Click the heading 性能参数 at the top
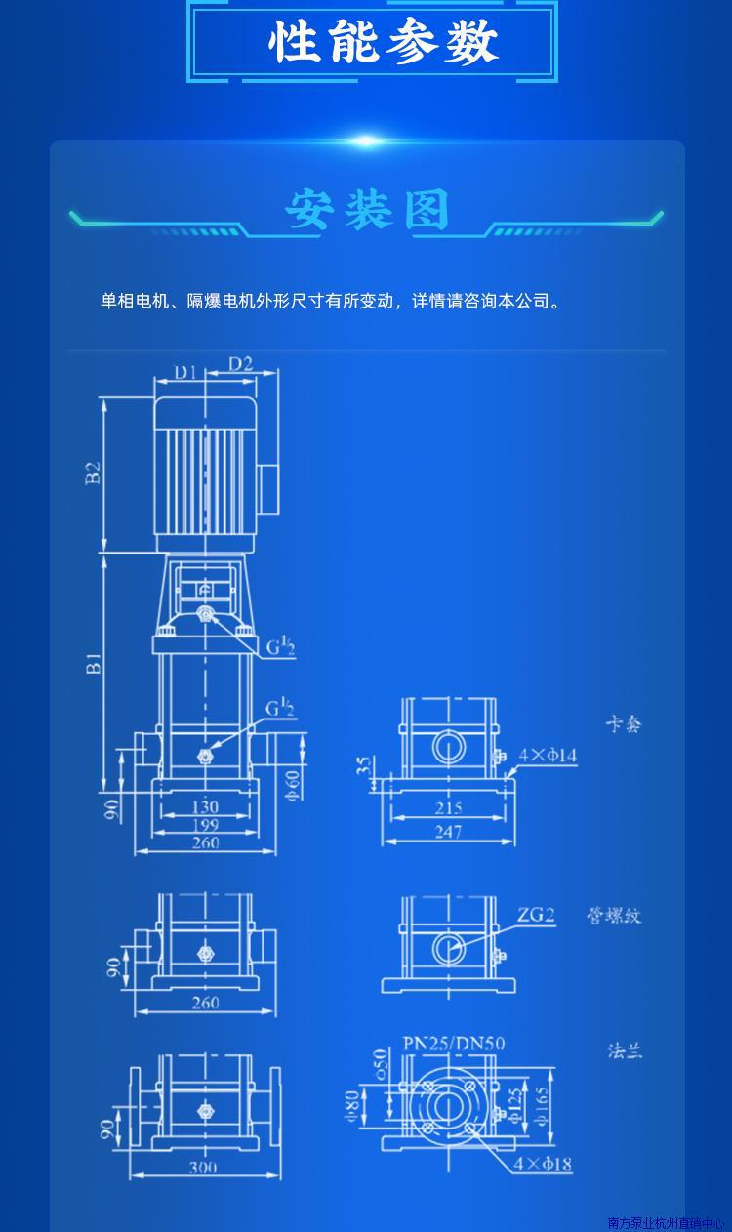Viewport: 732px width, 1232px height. (384, 43)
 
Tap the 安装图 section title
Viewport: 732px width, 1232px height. (367, 211)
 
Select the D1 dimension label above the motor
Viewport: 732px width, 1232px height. (185, 371)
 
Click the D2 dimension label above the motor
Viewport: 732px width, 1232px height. (240, 364)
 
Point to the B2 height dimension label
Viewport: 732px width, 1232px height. (93, 473)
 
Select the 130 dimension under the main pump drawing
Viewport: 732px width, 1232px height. (205, 807)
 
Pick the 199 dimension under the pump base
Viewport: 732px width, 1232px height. (205, 825)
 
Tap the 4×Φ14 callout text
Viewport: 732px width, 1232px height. (548, 755)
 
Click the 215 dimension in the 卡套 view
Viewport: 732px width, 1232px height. (448, 808)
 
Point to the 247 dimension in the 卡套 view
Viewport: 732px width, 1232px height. (448, 832)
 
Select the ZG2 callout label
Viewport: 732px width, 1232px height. (536, 915)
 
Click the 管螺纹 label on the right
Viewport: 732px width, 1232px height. (614, 916)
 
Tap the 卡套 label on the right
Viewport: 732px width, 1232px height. (624, 724)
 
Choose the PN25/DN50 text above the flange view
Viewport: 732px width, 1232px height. (454, 1044)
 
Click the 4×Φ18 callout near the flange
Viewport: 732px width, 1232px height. (543, 1164)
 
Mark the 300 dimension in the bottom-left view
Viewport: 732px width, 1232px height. (203, 1167)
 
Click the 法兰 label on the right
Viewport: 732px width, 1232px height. (625, 1050)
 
